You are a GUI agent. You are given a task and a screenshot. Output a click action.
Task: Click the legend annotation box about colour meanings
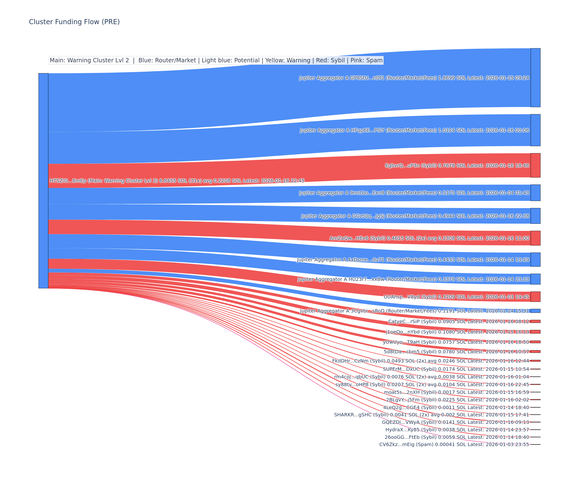(x=216, y=60)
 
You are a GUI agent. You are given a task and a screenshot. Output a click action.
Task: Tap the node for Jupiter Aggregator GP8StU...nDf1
(x=535, y=78)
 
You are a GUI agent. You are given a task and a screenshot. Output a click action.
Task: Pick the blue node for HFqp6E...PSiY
(x=535, y=130)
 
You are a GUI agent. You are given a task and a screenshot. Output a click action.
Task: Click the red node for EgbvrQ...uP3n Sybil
(x=535, y=165)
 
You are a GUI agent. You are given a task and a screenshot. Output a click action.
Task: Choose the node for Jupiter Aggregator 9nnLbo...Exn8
(x=535, y=193)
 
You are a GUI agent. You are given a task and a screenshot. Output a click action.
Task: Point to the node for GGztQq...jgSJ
(x=535, y=216)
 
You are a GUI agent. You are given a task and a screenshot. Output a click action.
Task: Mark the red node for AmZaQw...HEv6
(x=535, y=238)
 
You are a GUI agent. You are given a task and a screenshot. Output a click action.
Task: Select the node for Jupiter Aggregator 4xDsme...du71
(x=535, y=259)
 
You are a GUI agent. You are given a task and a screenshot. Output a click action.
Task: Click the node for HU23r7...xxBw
(x=535, y=279)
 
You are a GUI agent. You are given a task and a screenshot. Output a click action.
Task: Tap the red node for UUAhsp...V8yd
(x=535, y=297)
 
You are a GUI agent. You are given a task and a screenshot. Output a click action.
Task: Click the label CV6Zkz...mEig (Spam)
(x=454, y=444)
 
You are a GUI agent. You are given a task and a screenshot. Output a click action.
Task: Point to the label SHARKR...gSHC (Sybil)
(x=432, y=415)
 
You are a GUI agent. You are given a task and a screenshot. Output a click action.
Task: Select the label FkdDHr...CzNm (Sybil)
(x=430, y=361)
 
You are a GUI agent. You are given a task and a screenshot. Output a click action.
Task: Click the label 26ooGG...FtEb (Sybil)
(x=457, y=437)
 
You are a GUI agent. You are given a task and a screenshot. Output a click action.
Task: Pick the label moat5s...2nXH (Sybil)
(x=456, y=392)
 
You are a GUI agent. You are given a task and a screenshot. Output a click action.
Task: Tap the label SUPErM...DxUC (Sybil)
(x=456, y=369)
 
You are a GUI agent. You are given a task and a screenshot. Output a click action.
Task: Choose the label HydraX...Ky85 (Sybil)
(x=457, y=429)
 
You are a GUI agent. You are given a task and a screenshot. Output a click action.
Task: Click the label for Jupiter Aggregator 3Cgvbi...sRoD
(x=414, y=311)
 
